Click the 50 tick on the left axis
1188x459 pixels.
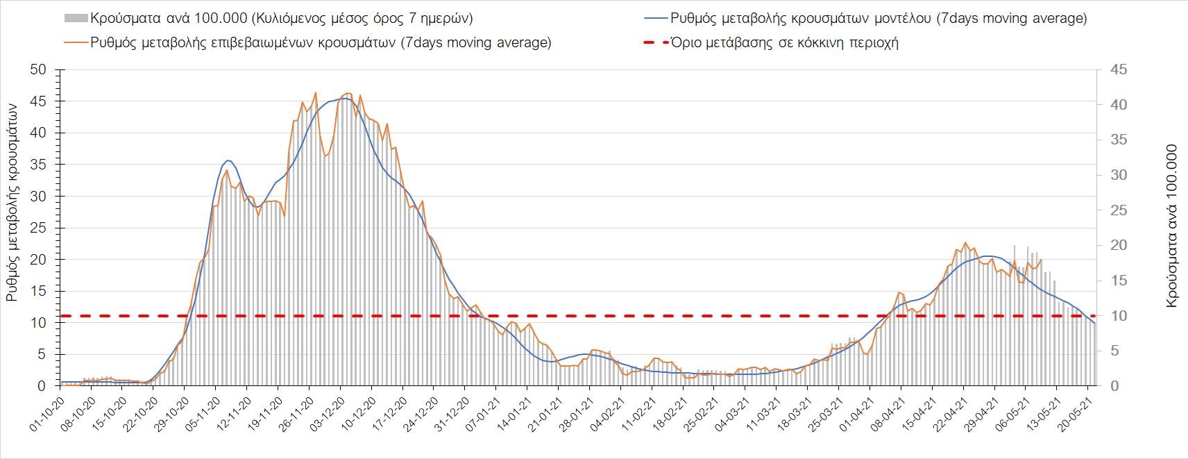point(37,69)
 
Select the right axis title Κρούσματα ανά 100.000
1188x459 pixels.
point(1172,226)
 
